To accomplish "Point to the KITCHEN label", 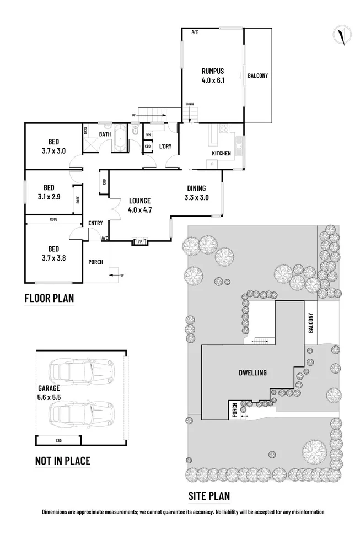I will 222,153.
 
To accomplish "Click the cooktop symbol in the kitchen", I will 224,129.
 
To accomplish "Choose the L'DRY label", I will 165,146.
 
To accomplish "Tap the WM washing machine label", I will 148,134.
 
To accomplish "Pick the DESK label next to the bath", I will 85,131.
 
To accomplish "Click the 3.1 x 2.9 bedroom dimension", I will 50,196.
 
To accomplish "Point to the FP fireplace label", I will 139,241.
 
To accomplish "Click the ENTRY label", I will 95,223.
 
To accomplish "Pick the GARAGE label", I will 49,387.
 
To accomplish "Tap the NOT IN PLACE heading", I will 62,461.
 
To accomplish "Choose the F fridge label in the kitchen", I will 211,164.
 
